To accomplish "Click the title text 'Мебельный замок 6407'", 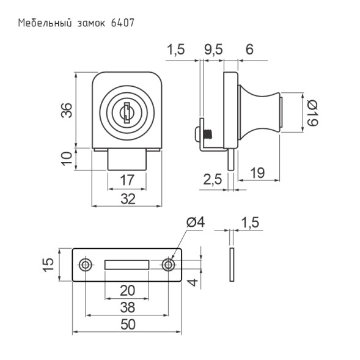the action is point(76,23).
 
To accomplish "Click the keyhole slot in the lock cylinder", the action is point(127,112).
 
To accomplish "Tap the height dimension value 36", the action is point(67,110).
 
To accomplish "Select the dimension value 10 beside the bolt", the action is point(67,158).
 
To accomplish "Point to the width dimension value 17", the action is point(127,180).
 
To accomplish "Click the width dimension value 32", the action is point(128,199).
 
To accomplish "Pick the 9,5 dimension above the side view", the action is point(213,50).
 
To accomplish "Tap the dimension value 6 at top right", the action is point(249,49).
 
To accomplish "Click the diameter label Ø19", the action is point(312,113).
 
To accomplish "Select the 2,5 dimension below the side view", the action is point(213,179).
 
